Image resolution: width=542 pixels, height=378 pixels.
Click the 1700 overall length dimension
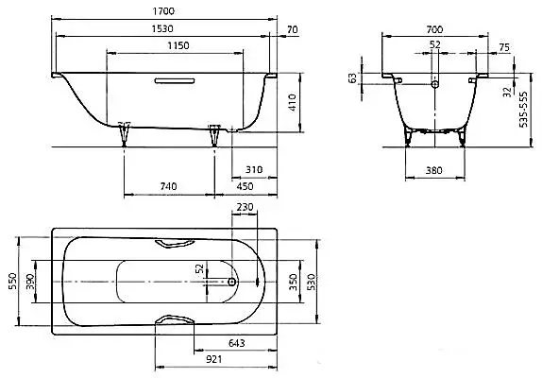163,11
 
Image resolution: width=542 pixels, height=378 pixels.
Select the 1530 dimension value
162,28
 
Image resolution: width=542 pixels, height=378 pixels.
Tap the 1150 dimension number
178,45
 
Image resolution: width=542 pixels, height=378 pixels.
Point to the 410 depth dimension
293,102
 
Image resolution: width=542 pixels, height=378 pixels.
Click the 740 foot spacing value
169,186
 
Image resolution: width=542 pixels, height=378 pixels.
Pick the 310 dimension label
254,170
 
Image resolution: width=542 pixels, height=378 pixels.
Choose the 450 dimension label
245,186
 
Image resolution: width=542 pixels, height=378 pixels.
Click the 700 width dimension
434,29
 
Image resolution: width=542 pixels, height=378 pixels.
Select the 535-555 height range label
524,110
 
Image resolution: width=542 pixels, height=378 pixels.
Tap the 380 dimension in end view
433,170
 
